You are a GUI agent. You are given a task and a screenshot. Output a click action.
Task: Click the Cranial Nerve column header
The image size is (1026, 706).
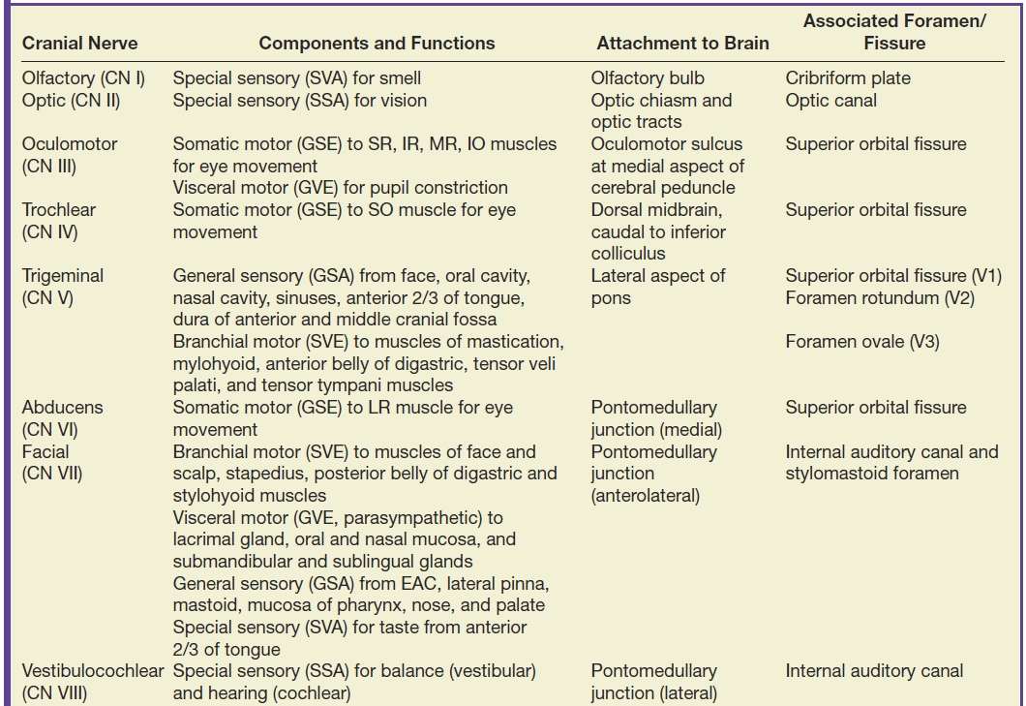click(79, 44)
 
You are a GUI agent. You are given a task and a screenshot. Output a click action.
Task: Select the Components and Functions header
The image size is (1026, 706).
click(377, 44)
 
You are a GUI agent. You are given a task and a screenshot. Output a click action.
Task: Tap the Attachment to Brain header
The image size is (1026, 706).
click(682, 44)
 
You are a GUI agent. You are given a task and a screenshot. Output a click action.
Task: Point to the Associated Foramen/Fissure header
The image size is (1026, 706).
click(893, 32)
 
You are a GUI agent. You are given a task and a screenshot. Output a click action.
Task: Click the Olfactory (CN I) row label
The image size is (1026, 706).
click(83, 77)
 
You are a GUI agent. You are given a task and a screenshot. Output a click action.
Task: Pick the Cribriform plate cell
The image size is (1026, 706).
click(848, 77)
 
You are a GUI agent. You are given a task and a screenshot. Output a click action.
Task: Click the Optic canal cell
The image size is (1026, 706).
click(830, 100)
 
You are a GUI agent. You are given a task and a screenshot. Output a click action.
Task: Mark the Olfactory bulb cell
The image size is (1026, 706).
click(648, 77)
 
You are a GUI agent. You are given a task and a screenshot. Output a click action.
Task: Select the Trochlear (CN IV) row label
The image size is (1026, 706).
click(60, 221)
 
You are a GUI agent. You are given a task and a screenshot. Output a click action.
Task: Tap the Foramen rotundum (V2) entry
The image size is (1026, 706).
click(880, 298)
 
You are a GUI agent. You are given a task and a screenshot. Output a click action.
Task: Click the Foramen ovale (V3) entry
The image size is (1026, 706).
click(862, 342)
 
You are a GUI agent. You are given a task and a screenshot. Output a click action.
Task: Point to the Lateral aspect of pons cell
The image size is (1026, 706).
click(657, 287)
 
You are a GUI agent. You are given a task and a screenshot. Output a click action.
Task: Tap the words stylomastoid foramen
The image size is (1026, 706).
click(872, 474)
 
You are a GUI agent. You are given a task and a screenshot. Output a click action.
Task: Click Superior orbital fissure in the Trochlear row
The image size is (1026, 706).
click(875, 210)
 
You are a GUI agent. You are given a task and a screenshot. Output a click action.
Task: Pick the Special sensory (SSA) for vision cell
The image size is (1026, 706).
click(299, 100)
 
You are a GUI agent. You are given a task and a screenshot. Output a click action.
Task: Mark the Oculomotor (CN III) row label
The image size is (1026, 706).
click(69, 155)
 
